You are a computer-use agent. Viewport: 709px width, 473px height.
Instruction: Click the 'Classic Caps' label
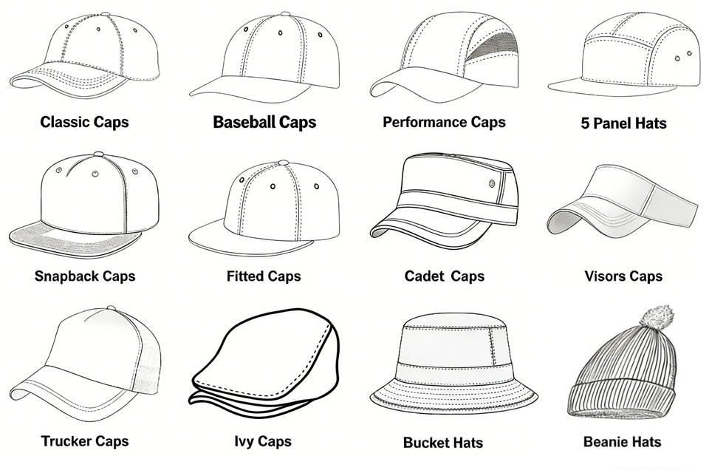click(84, 121)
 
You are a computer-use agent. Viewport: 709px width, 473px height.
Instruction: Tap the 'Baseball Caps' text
click(264, 122)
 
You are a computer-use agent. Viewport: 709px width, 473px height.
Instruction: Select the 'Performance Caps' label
click(444, 121)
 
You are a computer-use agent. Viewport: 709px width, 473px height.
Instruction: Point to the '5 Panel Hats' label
click(623, 123)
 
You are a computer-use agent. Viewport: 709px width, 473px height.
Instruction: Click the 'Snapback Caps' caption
click(85, 276)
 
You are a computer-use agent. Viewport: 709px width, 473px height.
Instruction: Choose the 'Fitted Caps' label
click(264, 276)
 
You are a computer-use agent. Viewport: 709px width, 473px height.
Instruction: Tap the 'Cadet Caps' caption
click(444, 276)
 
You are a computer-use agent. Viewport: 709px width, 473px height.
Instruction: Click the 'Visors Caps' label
click(623, 276)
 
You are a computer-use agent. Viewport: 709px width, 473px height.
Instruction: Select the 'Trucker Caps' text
click(85, 441)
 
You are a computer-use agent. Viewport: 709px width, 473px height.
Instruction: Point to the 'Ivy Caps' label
click(262, 441)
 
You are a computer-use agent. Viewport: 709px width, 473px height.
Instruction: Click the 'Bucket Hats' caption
click(442, 443)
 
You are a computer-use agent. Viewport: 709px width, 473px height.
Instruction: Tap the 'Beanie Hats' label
click(622, 443)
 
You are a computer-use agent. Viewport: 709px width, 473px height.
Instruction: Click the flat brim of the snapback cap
click(74, 235)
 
